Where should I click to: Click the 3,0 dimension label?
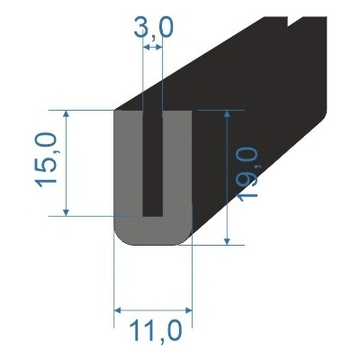click(x=152, y=32)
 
